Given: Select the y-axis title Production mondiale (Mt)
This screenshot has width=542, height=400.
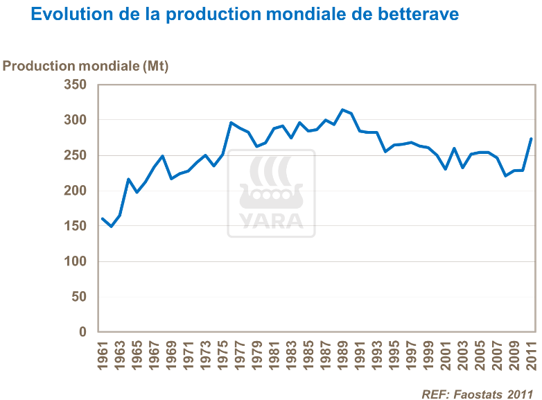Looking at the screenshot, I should tap(86, 66).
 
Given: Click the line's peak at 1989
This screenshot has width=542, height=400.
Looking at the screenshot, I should tap(342, 110).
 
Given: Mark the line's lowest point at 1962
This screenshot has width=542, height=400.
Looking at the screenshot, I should tap(112, 227).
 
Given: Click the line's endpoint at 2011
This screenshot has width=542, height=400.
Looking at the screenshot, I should tap(531, 139).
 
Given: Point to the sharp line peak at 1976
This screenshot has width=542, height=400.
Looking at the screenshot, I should tap(231, 123).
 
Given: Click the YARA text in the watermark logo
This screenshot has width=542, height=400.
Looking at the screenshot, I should tap(271, 220).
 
